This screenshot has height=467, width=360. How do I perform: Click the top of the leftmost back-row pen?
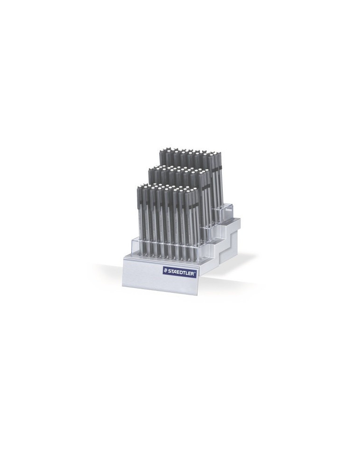(162, 151)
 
